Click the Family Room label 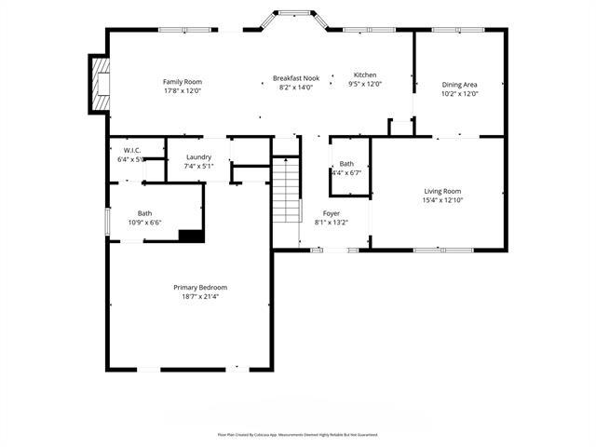(183, 82)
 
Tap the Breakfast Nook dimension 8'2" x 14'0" (296, 88)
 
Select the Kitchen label (365, 74)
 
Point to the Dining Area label (459, 84)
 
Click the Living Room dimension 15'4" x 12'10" (442, 200)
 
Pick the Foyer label (332, 213)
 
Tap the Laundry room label (199, 157)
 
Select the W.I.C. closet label (130, 150)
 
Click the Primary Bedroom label (200, 287)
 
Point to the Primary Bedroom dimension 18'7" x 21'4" (200, 296)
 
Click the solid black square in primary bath (191, 236)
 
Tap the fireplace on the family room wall (99, 84)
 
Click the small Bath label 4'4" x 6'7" (346, 164)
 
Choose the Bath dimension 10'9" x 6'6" (144, 223)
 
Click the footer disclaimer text (298, 434)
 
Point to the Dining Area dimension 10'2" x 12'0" (459, 93)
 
